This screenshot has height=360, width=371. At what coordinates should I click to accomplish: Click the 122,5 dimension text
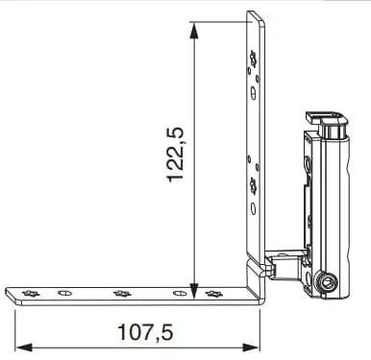[175, 155]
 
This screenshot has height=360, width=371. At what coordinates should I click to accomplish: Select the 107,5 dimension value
[146, 332]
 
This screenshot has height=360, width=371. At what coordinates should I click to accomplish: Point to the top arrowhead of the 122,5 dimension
[193, 32]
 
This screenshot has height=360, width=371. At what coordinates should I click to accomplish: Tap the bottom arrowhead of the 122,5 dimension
[193, 290]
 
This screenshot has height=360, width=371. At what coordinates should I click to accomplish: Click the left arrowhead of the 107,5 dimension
[24, 348]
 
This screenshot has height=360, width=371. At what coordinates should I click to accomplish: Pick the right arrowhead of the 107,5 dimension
[250, 348]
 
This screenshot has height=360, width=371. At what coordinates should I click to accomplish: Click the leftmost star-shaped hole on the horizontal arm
[31, 293]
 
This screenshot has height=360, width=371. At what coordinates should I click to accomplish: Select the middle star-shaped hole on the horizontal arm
[122, 293]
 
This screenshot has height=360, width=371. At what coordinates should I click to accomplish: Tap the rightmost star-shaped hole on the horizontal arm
[213, 293]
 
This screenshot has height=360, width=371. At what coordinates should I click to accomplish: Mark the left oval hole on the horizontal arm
[64, 293]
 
